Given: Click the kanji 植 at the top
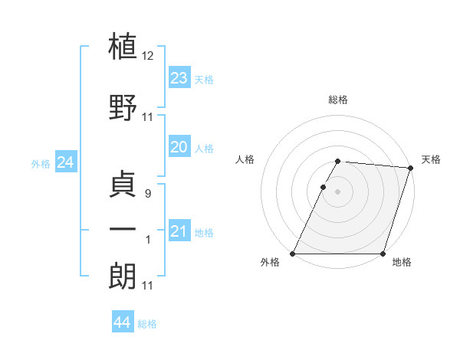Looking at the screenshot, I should (123, 45).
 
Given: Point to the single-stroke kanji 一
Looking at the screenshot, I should (123, 229).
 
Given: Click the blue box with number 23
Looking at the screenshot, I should (179, 78).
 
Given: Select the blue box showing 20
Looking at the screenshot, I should (179, 147).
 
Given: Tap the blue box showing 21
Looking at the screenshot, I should (179, 231).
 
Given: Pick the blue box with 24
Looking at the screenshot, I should (65, 162).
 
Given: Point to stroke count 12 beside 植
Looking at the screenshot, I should (148, 56).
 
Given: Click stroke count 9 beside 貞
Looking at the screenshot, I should (148, 194).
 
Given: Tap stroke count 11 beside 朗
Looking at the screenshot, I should (148, 286).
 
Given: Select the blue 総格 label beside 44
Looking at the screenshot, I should (147, 324).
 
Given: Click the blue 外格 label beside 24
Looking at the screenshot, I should (41, 164).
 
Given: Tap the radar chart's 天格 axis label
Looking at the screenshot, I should (432, 159).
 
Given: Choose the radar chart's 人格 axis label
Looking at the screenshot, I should (245, 159).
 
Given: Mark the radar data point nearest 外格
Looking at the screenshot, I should (292, 254).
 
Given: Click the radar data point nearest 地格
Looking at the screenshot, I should (383, 254).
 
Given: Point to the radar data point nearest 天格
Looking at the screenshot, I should (411, 168).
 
